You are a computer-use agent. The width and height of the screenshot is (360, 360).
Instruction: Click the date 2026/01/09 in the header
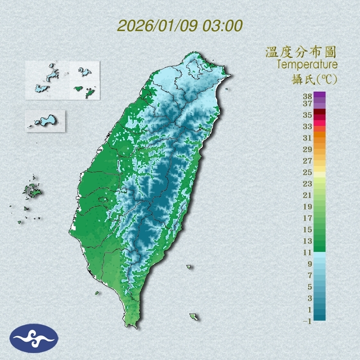[157, 25]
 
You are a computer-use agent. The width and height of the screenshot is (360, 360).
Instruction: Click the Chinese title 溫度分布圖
[301, 53]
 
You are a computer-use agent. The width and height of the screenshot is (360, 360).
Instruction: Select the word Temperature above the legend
[307, 65]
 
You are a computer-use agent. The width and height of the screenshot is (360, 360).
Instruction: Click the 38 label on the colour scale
[307, 97]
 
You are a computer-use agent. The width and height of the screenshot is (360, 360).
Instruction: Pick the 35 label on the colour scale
[307, 115]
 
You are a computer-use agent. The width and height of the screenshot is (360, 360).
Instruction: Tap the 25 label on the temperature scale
[307, 172]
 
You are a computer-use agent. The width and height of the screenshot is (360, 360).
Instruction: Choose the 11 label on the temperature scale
[307, 252]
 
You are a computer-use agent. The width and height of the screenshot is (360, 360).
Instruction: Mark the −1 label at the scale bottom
[307, 321]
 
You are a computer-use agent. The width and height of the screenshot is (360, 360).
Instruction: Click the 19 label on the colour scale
[307, 207]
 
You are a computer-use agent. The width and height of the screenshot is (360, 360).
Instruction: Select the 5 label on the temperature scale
[309, 287]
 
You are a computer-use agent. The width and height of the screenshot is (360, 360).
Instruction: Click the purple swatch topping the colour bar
[319, 94]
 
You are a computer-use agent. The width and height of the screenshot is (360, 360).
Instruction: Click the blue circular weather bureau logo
[34, 338]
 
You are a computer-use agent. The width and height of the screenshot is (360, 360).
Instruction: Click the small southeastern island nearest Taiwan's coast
[189, 267]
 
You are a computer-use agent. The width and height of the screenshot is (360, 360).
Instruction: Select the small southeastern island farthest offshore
[193, 317]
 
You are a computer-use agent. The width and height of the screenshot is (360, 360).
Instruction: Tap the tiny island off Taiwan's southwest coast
[97, 292]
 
